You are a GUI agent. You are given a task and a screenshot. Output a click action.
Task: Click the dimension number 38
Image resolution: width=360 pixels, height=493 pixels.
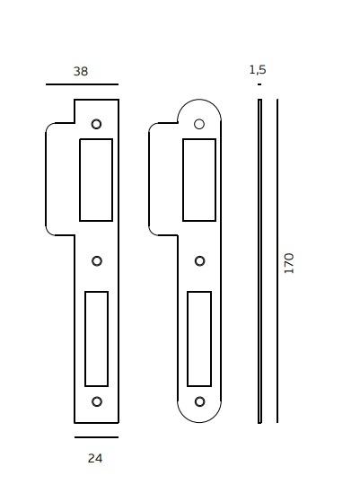(81, 71)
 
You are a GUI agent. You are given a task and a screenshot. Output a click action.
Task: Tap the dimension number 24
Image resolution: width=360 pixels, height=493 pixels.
(95, 458)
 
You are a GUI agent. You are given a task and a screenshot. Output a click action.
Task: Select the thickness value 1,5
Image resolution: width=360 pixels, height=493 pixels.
(258, 69)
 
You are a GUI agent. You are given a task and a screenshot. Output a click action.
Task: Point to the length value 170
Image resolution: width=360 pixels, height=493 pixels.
(289, 263)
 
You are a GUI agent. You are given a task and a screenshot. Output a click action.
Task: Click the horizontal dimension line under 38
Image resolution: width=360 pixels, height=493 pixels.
(82, 84)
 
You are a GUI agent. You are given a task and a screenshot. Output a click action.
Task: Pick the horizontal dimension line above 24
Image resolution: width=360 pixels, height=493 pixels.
(97, 437)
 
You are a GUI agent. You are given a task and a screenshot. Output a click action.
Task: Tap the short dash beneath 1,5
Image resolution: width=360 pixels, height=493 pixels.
(259, 84)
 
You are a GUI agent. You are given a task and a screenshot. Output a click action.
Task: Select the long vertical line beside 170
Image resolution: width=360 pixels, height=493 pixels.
(277, 261)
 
